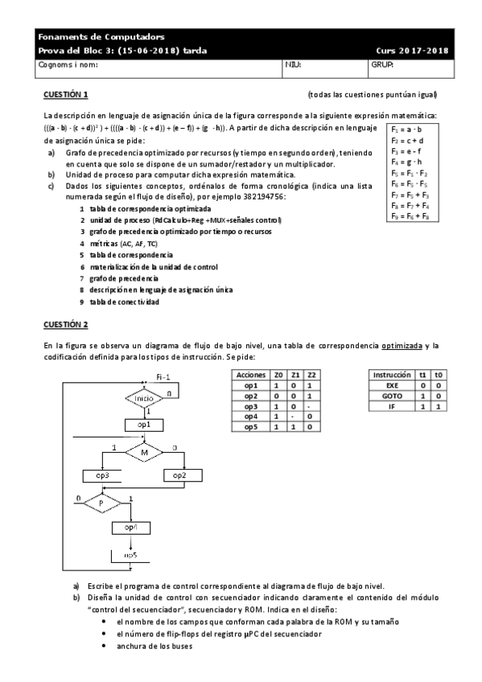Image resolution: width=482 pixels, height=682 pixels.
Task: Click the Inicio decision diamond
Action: (144, 398)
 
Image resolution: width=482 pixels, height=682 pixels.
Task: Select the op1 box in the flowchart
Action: (144, 423)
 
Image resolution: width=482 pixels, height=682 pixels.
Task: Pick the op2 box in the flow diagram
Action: (180, 475)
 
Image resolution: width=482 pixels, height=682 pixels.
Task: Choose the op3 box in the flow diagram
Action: (102, 475)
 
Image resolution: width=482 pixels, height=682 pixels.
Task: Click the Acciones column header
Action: (249, 375)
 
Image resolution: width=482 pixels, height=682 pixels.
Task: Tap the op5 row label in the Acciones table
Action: (249, 427)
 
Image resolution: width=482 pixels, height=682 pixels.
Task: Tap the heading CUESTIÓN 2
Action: (66, 324)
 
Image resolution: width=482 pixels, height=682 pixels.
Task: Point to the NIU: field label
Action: (293, 64)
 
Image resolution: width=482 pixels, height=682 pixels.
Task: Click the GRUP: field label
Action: (381, 64)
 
